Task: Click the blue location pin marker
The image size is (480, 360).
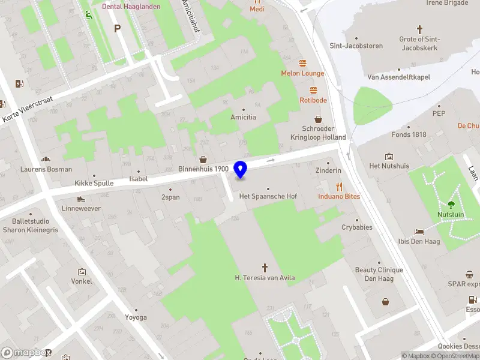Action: tap(241, 170)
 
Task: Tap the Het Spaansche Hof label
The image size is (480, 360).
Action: tap(268, 196)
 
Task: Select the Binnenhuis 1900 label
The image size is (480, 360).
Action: tap(203, 169)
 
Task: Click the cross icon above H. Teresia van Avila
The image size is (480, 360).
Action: tap(264, 267)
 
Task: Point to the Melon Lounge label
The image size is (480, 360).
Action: tap(302, 73)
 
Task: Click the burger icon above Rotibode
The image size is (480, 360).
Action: tap(313, 90)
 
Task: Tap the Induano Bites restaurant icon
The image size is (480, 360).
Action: tap(339, 186)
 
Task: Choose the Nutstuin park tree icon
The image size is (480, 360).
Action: tap(451, 205)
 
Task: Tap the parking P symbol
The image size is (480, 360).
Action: tap(118, 28)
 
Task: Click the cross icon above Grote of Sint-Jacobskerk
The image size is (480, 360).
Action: tap(419, 29)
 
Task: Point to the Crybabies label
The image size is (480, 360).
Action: tap(357, 227)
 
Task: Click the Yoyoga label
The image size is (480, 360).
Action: tap(136, 317)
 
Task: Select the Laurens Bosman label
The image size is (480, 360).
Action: tap(46, 169)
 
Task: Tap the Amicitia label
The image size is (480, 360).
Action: tap(243, 117)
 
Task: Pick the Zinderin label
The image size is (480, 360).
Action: tap(328, 170)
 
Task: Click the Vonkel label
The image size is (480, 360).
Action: tap(82, 281)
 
